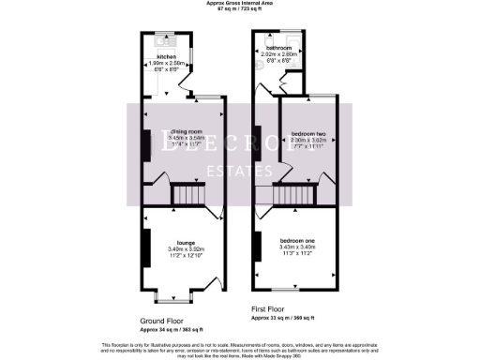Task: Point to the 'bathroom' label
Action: point(278,48)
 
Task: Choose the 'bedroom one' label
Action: point(295,240)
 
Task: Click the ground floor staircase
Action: point(186,196)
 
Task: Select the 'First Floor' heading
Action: point(268,307)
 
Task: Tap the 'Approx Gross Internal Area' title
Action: point(240,4)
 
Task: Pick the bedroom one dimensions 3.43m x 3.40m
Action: point(295,247)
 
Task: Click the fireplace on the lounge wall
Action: point(146,247)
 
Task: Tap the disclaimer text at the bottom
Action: point(240,349)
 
